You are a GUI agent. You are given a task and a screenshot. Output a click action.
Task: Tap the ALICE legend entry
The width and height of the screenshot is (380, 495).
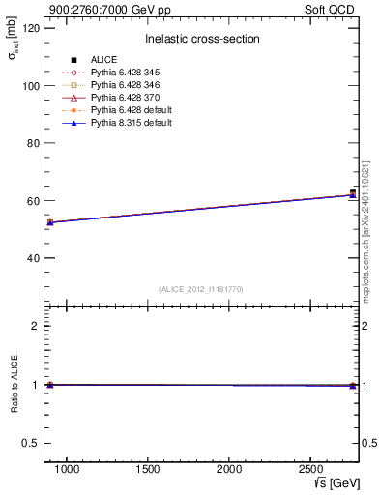click(x=103, y=60)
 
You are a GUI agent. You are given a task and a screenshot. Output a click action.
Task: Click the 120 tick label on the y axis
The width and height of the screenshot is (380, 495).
click(x=30, y=28)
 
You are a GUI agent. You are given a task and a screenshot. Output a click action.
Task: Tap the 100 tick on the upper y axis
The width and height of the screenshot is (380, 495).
click(x=30, y=86)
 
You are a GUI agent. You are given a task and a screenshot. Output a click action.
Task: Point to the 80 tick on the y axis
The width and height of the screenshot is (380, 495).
click(x=33, y=143)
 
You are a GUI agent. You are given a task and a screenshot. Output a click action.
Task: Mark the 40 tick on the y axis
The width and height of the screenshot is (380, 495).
click(x=33, y=258)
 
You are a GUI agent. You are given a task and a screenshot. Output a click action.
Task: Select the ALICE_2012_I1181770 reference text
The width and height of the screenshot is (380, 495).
click(x=201, y=289)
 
